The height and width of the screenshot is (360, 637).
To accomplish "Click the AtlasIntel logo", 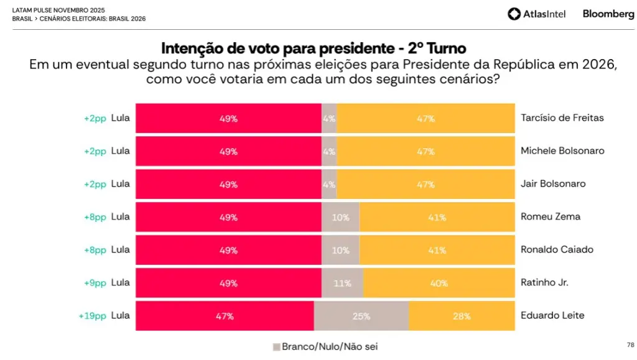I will pyautogui.click(x=537, y=14).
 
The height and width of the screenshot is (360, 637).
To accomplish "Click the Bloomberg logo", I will pyautogui.click(x=608, y=14).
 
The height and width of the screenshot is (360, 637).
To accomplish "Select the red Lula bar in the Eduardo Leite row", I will pyautogui.click(x=225, y=316).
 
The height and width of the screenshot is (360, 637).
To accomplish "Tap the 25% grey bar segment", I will pyautogui.click(x=361, y=316).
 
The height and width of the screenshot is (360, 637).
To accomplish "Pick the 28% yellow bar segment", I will pyautogui.click(x=462, y=316).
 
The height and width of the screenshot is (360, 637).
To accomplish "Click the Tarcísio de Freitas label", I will pyautogui.click(x=562, y=118).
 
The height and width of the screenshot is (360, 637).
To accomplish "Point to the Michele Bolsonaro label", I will pyautogui.click(x=562, y=151).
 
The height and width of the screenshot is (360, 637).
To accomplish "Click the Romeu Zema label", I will pyautogui.click(x=550, y=217).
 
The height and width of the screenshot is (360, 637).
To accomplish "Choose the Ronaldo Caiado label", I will pyautogui.click(x=557, y=250).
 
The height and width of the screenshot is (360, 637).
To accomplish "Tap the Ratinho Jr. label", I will pyautogui.click(x=544, y=283).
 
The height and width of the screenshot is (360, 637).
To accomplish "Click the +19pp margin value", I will pyautogui.click(x=92, y=316).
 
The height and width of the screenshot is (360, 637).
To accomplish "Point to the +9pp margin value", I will pyautogui.click(x=95, y=283).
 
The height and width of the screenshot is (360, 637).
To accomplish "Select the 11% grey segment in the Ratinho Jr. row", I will pyautogui.click(x=342, y=283).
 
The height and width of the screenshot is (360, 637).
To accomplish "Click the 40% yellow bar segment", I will pyautogui.click(x=439, y=283).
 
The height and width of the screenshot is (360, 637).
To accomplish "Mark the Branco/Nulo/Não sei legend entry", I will pyautogui.click(x=325, y=346).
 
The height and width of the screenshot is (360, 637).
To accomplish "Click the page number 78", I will pyautogui.click(x=630, y=344).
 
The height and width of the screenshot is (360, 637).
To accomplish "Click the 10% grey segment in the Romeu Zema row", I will pyautogui.click(x=340, y=217).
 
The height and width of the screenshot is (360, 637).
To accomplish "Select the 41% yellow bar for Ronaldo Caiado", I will pyautogui.click(x=437, y=250).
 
